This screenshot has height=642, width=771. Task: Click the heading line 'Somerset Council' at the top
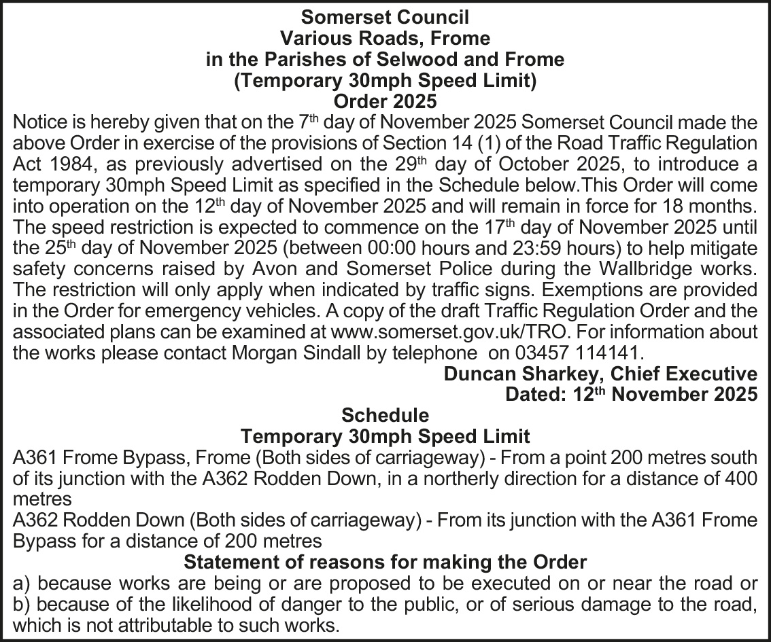(x=385, y=16)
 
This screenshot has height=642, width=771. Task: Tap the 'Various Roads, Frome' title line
(x=385, y=37)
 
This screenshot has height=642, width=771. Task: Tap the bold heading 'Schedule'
(x=385, y=415)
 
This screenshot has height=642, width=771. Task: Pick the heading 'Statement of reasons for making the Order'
(x=385, y=563)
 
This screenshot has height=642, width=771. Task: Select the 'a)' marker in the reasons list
(x=23, y=584)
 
